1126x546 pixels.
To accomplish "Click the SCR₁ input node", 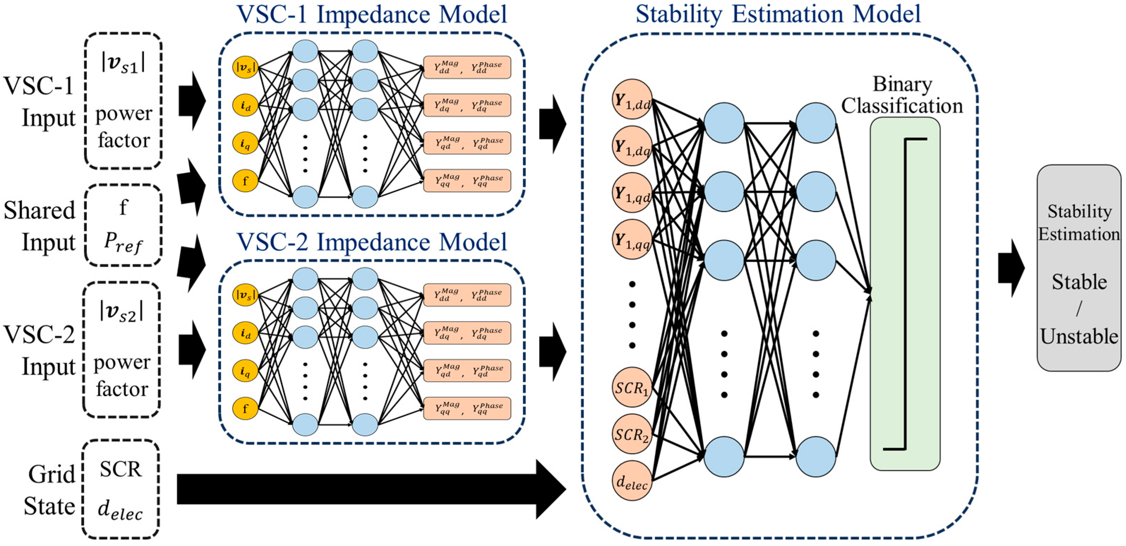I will [x=632, y=387].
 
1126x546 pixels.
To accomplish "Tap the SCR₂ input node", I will [x=632, y=434].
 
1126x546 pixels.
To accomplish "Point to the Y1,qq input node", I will [x=632, y=239].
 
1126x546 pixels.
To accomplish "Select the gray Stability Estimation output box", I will [x=1079, y=267].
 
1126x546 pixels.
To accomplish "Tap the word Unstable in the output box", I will [x=1079, y=337].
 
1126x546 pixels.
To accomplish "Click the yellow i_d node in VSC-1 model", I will [x=245, y=105].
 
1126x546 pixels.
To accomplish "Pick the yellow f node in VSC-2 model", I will [x=245, y=409].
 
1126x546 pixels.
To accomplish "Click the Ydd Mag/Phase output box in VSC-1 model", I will [x=467, y=67].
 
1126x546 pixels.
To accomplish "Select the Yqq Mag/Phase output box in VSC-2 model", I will [x=467, y=409].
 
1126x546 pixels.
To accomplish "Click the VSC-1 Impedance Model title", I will [x=372, y=14].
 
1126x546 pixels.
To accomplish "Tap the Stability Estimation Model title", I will [x=778, y=14].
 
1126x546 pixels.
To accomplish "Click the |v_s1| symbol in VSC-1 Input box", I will [x=123, y=64].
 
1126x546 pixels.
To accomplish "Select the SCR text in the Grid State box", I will [x=121, y=469].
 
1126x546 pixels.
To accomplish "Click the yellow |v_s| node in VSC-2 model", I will [x=245, y=295].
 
